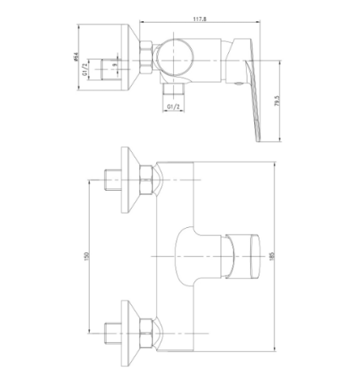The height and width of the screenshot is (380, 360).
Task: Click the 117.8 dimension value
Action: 199,19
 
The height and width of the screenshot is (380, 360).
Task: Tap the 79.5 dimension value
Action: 277,100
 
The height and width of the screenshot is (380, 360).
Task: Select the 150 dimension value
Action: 86,256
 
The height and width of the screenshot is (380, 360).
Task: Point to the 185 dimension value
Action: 271,256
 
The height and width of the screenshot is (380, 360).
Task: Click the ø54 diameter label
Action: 75,57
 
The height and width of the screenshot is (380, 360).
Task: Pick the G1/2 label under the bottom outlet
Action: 173,106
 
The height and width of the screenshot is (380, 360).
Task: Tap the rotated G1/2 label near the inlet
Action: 85,69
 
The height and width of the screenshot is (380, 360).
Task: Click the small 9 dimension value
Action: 114,65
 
